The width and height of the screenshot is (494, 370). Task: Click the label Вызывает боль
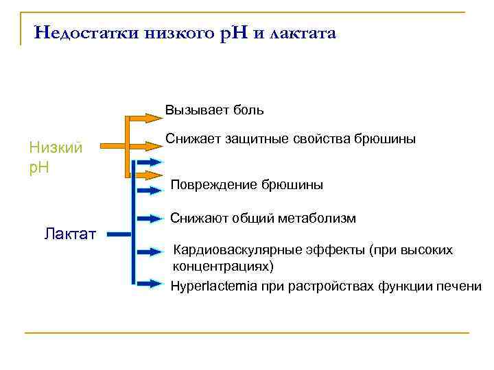pos(215,110)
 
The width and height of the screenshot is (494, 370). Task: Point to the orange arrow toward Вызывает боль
pos(147,118)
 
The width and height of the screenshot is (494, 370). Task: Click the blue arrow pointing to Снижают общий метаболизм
pos(147,220)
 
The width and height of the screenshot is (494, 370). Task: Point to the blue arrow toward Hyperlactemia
pos(147,282)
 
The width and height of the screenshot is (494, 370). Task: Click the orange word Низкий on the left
pos(56,147)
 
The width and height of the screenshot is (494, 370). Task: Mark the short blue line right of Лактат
pos(119,234)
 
